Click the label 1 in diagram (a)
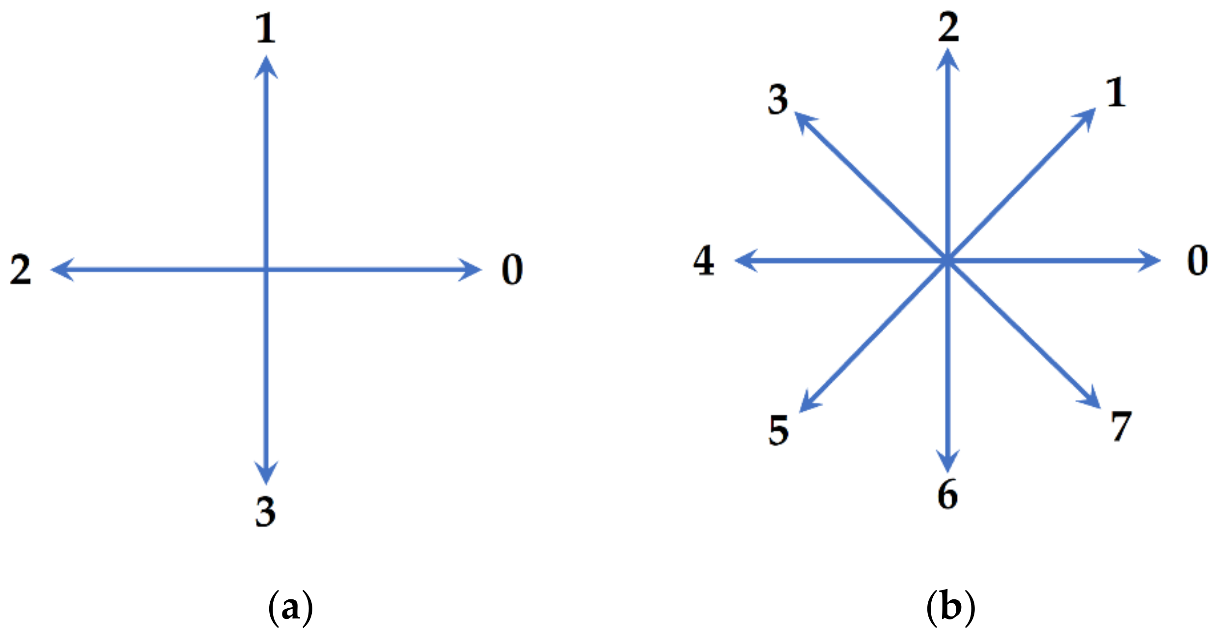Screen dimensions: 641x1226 (266, 28)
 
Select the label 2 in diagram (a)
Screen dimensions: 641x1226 (21, 270)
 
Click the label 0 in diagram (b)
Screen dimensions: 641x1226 (1197, 261)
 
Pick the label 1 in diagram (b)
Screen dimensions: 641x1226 (1116, 92)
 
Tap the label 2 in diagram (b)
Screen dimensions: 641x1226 (948, 27)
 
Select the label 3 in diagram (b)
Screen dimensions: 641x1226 (778, 100)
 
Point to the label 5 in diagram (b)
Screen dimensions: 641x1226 (778, 430)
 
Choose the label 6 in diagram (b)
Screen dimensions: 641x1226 (947, 495)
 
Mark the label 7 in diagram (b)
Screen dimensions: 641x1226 (1121, 426)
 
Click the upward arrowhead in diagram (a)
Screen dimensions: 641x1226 (266, 66)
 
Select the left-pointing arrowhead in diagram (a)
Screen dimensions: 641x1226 (61, 270)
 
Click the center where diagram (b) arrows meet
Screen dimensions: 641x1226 (947, 261)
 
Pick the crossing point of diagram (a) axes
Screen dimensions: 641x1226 (266, 270)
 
